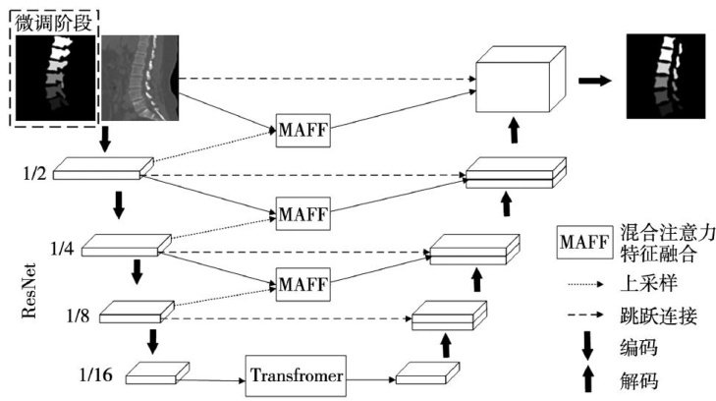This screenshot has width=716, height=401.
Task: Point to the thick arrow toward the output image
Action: tap(595, 80)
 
